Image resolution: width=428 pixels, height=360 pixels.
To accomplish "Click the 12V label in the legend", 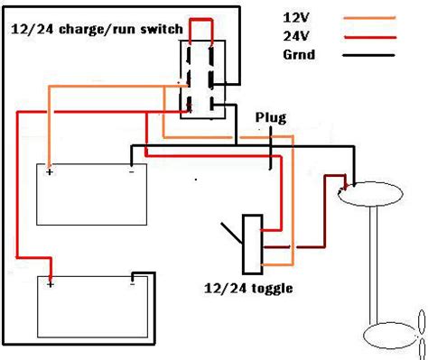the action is (296, 18).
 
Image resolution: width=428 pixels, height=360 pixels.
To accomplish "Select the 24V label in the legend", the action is (296, 36).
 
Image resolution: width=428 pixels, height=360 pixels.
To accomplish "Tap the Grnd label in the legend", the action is (299, 55).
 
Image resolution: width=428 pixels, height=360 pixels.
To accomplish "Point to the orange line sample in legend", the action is (369, 18).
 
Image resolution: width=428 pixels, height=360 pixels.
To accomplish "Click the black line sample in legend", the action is (368, 55).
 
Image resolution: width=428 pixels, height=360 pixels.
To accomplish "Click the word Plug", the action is (271, 118).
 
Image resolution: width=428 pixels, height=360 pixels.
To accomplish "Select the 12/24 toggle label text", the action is (248, 289).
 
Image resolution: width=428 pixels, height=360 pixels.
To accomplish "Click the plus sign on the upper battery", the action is (50, 172).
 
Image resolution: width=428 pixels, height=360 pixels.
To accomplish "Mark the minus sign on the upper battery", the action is (132, 171).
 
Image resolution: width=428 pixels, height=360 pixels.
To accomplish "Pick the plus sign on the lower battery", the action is (51, 284).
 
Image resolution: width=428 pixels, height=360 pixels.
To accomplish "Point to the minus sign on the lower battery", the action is (133, 284).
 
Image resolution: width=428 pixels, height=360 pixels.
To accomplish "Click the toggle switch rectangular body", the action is (253, 245).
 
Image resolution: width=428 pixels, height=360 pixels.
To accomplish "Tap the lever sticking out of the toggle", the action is (231, 233).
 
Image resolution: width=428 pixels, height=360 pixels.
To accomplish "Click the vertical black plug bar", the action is (271, 148).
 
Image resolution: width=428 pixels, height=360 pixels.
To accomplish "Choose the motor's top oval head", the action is (370, 194).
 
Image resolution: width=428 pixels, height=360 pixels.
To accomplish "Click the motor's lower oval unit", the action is (392, 336).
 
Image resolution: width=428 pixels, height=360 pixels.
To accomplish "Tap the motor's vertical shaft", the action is (374, 264).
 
